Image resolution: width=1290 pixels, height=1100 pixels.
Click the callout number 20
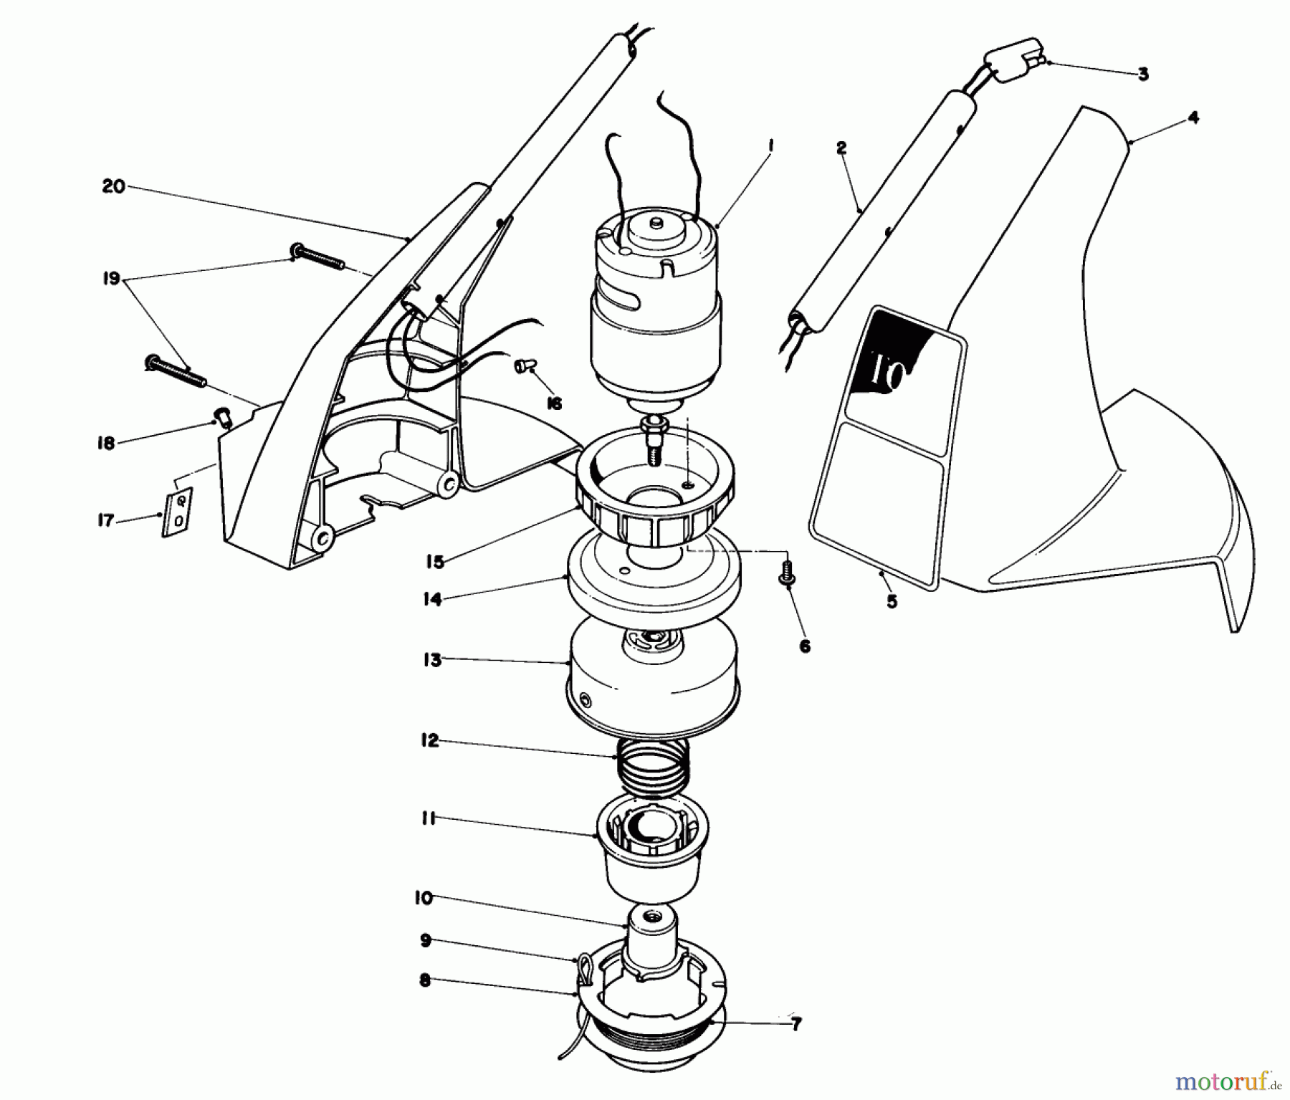click(x=114, y=187)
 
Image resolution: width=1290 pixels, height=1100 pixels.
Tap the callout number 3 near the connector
click(x=1142, y=75)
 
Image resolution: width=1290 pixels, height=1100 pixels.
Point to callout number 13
click(x=432, y=660)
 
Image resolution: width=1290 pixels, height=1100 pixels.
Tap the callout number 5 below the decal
click(x=892, y=601)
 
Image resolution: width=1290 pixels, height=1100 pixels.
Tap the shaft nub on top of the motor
click(x=656, y=224)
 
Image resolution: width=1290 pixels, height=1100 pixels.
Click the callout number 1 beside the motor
click(x=770, y=145)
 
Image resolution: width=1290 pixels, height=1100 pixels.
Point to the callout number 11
click(x=429, y=818)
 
